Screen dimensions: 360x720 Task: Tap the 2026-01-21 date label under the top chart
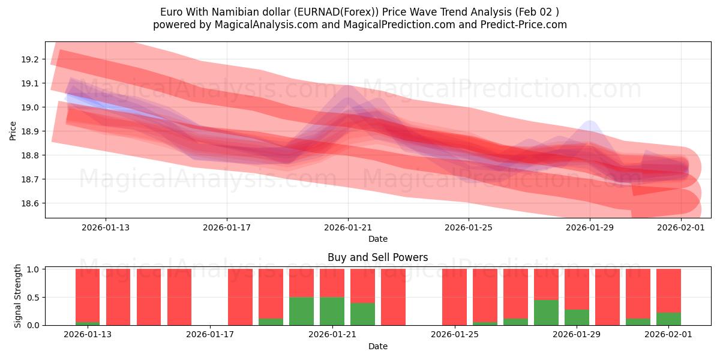click(348, 227)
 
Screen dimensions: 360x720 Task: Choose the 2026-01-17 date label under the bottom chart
click(211, 334)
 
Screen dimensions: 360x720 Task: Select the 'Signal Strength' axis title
click(18, 296)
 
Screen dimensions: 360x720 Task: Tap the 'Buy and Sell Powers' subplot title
click(377, 257)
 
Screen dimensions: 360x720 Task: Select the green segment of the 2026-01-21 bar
click(332, 311)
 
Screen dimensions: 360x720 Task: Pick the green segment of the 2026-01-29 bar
click(577, 317)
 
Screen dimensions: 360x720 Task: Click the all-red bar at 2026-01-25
click(454, 297)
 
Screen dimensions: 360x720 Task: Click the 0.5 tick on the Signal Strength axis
click(34, 297)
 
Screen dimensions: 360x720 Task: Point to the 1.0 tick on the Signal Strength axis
click(34, 269)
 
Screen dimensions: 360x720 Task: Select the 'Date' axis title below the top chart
click(377, 239)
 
